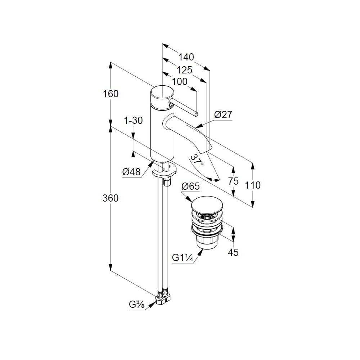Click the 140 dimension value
point(186,57)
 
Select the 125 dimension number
point(184,70)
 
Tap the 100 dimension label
point(180,81)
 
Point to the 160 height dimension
point(111,94)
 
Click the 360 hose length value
point(111,198)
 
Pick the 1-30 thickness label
point(134,120)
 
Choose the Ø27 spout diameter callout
point(223,114)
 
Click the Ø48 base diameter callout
point(131,172)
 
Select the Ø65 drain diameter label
point(190,186)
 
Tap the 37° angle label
point(197,160)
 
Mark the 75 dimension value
point(233,181)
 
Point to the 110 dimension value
point(253,185)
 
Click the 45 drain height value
point(233,253)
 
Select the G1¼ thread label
point(183,258)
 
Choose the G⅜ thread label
point(136,305)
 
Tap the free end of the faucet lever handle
point(196,114)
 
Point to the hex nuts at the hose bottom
point(162,298)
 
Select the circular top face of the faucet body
point(162,93)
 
